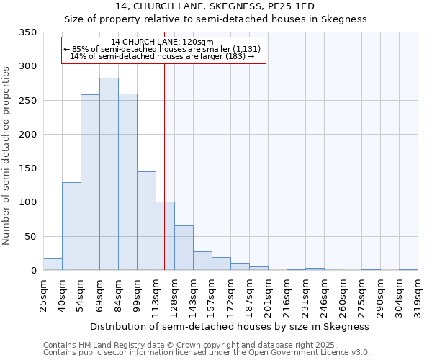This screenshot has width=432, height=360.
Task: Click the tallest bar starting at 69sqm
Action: (109, 174)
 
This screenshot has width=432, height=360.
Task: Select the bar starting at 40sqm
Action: (71, 226)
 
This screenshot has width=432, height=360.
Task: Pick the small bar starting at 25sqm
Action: (53, 264)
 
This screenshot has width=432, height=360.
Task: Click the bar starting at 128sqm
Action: (184, 248)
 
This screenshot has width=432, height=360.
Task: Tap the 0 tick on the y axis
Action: (33, 271)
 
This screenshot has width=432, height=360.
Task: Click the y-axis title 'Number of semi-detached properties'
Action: (7, 155)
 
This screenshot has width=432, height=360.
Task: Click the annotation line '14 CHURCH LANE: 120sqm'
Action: (163, 42)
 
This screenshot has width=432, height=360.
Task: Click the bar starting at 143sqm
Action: (202, 261)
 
